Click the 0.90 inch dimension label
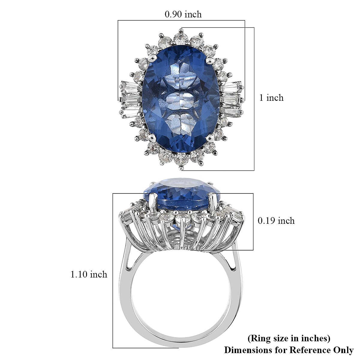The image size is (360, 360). click(x=183, y=14)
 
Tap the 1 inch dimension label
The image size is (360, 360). click(x=271, y=98)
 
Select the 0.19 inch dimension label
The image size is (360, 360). click(x=276, y=220)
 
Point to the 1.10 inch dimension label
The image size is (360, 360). click(x=89, y=274)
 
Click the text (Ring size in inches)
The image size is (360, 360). click(x=289, y=338)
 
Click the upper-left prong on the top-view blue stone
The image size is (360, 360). click(x=153, y=57)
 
